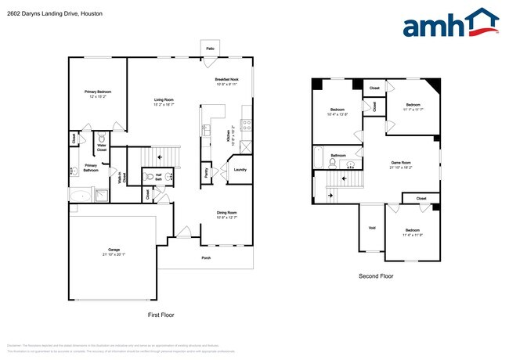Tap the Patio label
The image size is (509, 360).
210,49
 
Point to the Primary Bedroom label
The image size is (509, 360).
99,92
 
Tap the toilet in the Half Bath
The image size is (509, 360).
150,177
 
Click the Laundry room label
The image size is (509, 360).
240,170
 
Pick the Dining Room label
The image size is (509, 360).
227,212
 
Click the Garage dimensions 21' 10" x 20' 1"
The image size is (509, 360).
114,254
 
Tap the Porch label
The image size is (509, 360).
206,257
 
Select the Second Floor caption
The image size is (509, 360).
376,276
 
